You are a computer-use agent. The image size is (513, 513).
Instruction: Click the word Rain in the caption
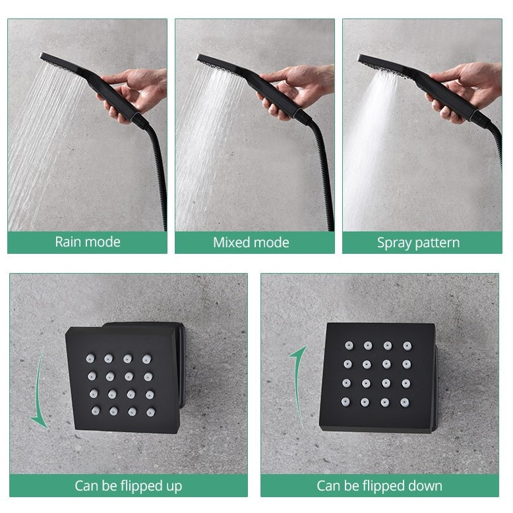(x=67, y=242)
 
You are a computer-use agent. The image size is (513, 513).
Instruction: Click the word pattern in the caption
(x=437, y=243)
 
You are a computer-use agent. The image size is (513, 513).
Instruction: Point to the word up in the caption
(x=173, y=487)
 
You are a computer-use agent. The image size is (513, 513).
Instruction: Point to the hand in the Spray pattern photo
(x=465, y=92)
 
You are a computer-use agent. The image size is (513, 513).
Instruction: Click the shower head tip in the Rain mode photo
(x=42, y=56)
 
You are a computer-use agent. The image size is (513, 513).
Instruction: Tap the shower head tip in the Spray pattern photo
(x=360, y=58)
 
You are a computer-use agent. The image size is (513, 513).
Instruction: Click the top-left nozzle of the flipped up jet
(x=90, y=358)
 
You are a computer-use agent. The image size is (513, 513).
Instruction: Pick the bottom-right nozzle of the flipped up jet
(x=150, y=412)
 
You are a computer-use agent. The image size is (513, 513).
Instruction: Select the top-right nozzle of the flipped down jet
(x=407, y=346)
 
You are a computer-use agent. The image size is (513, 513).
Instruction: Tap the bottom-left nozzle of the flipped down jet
(x=346, y=402)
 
